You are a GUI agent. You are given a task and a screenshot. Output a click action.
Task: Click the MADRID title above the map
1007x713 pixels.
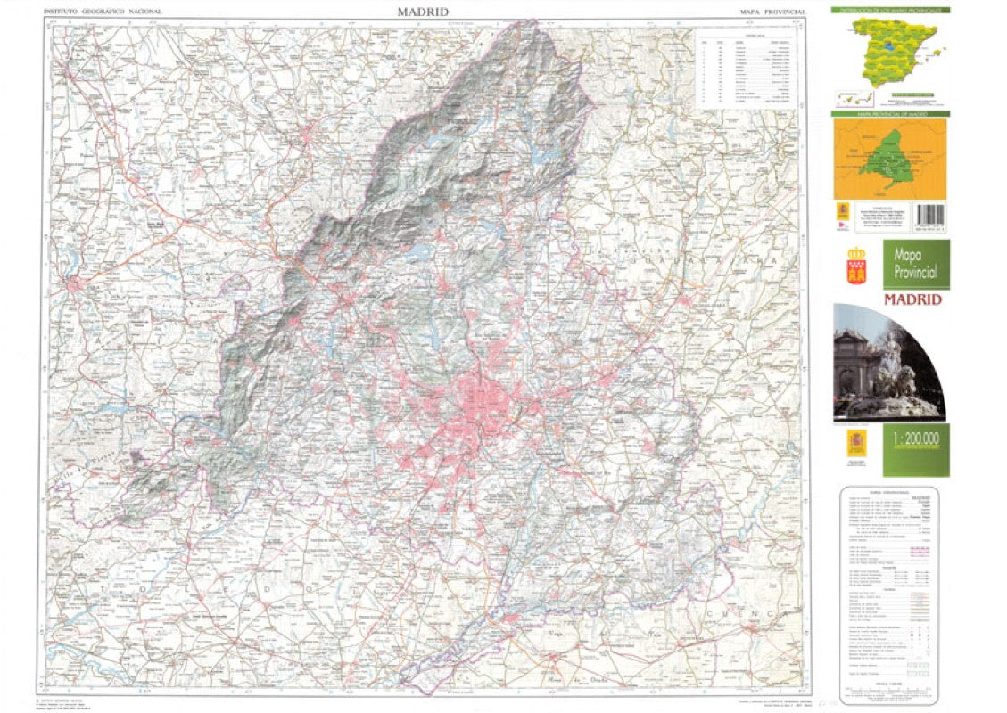[x=423, y=12]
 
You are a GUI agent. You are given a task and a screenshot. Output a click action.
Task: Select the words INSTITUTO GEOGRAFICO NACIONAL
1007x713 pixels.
[x=98, y=12]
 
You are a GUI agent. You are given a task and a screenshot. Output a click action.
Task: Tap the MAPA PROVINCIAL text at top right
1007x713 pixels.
[x=772, y=12]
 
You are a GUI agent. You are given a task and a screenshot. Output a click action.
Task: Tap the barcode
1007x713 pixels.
[x=930, y=216]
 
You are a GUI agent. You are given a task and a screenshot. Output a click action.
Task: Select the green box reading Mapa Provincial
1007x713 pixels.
[x=916, y=264]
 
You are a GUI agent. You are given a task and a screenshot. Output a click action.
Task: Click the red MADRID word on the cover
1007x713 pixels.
[x=912, y=299]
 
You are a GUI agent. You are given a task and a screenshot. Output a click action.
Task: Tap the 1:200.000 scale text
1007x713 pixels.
[x=916, y=439]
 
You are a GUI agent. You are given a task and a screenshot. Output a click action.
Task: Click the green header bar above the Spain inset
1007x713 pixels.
[x=889, y=10]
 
